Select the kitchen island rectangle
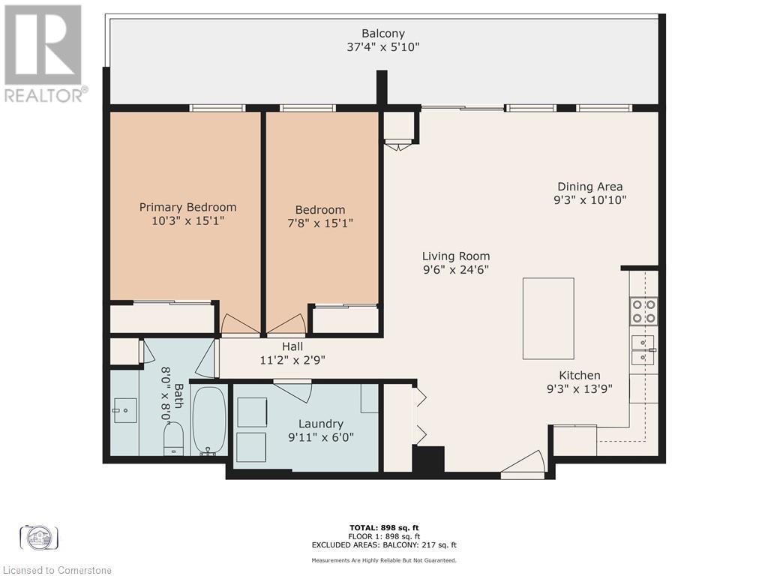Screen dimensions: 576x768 pos(547,318)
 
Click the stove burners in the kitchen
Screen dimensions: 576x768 pos(643,310)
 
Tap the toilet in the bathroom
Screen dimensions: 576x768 pos(173,439)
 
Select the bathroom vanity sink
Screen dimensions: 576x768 pos(125,409)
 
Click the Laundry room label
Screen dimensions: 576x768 pos(320,424)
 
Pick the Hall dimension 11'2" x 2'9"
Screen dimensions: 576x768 pos(292,359)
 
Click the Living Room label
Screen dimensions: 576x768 pos(455,256)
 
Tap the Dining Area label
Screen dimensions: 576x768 pos(589,187)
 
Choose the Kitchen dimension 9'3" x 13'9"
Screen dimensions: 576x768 pos(580,388)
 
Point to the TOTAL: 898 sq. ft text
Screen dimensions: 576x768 pos(383,527)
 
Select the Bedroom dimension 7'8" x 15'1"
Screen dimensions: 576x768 pos(320,223)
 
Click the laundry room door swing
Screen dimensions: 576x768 pos(294,390)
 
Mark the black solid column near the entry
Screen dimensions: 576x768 pos(428,459)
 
